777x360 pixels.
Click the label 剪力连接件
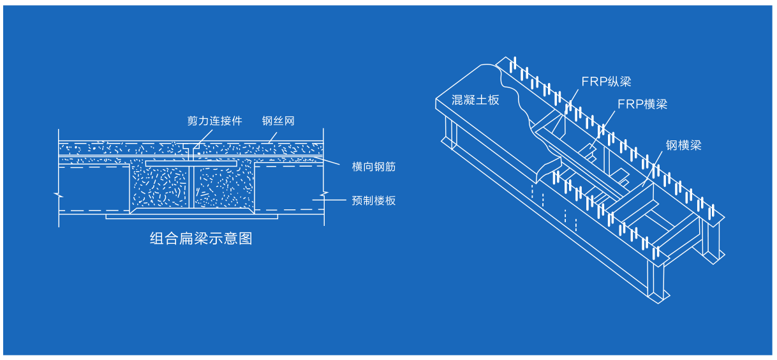click(214, 121)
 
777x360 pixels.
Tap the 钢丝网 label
click(278, 121)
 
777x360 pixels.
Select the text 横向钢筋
click(374, 167)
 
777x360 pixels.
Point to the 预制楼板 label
click(374, 200)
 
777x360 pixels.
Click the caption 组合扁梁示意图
click(201, 239)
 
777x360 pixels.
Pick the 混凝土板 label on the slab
click(475, 100)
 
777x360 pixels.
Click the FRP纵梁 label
click(605, 81)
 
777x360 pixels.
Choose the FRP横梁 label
click(642, 104)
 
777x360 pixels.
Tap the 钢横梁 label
click(683, 146)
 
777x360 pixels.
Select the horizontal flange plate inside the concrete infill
click(191, 164)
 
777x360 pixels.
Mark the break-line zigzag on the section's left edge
click(58, 193)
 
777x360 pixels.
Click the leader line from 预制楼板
click(332, 200)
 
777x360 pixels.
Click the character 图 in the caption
click(246, 239)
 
